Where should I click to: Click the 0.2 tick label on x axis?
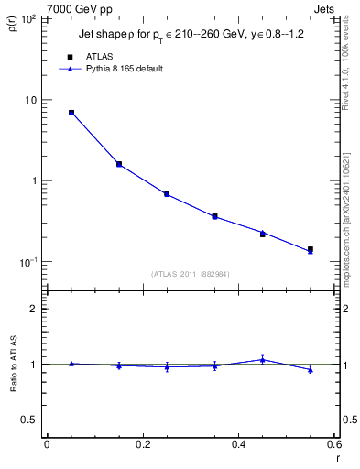142,444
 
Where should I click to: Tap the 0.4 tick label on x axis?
238,444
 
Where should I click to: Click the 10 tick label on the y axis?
31,100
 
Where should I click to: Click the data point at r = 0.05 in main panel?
71,113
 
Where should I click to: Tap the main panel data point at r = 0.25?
167,194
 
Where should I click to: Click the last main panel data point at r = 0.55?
311,249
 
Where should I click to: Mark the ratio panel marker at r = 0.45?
263,359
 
